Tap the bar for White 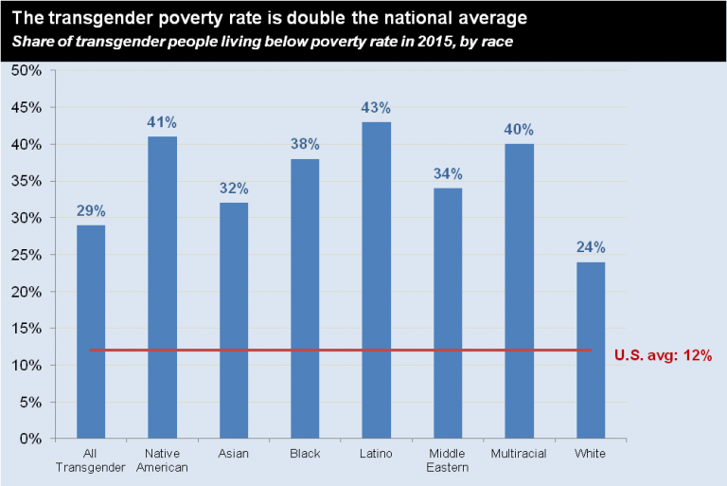click(x=590, y=350)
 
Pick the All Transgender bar click(x=91, y=332)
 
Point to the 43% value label click(x=376, y=107)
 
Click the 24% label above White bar click(x=590, y=247)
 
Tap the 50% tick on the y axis click(x=27, y=71)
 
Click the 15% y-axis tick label click(x=27, y=329)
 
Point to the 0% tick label click(x=30, y=439)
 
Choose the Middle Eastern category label click(x=447, y=460)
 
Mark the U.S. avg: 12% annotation click(x=663, y=355)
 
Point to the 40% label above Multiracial click(x=519, y=129)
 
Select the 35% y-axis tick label click(x=27, y=182)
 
